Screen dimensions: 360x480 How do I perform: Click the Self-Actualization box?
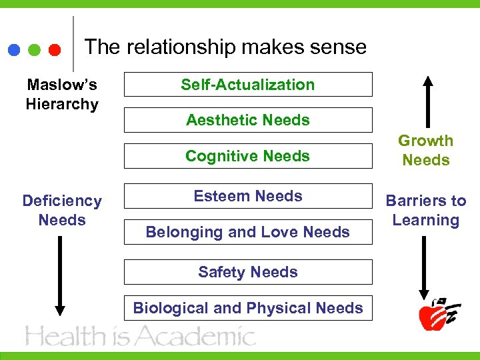coord(248,85)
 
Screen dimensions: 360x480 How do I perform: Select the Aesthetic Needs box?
coord(248,120)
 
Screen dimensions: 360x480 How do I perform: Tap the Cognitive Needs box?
coord(248,156)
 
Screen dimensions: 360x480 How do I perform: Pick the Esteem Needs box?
coord(248,196)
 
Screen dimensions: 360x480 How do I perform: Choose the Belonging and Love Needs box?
coord(248,232)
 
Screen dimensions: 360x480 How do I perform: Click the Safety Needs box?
coord(248,272)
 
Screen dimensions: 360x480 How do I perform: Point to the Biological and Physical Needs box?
coord(248,308)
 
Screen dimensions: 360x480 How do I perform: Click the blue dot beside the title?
coord(14,50)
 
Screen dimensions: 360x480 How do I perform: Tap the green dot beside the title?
coord(35,50)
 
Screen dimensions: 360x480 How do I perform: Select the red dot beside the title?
coord(55,50)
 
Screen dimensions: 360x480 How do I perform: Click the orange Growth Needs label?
coord(425,151)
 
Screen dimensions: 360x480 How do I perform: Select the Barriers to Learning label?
coord(425,211)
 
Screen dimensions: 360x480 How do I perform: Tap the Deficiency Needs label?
coord(62,211)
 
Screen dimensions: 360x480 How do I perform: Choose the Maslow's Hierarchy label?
coord(62,95)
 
